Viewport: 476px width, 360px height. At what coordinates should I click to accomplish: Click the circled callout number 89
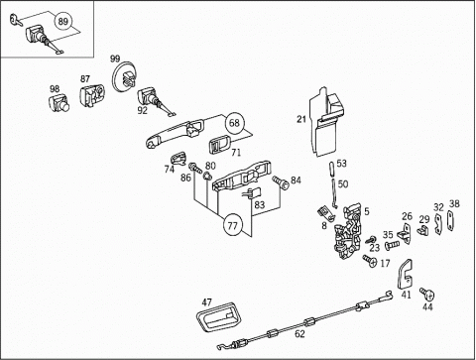(62, 22)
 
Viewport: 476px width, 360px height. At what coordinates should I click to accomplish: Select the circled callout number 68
(234, 123)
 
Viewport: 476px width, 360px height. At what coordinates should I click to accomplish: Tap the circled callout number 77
(233, 226)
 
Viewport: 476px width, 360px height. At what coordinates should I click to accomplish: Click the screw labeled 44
(427, 294)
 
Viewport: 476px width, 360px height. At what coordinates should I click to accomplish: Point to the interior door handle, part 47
(219, 316)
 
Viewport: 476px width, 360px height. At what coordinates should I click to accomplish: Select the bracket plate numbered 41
(405, 274)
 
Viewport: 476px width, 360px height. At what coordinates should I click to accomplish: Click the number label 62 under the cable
(299, 334)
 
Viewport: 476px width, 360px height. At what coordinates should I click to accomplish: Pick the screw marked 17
(370, 261)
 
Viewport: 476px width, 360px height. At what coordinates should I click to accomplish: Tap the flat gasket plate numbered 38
(450, 220)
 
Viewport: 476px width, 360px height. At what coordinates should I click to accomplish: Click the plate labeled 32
(438, 224)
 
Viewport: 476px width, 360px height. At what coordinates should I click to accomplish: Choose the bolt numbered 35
(393, 245)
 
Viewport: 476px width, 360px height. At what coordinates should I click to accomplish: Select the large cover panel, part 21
(326, 121)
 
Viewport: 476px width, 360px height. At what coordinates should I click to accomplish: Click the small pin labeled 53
(332, 170)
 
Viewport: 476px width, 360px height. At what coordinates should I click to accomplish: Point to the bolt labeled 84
(281, 182)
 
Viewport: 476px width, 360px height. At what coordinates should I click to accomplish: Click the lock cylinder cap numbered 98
(59, 103)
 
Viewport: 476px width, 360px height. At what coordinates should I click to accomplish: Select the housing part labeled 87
(92, 96)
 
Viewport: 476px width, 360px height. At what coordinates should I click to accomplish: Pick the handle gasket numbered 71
(221, 144)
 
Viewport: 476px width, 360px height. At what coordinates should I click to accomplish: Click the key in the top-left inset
(16, 19)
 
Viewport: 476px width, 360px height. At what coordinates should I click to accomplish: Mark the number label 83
(260, 205)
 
